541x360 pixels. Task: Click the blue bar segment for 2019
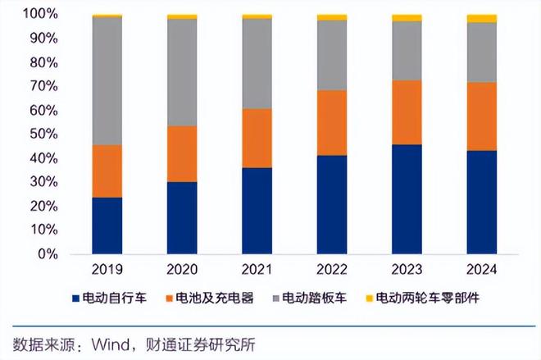tap(107, 226)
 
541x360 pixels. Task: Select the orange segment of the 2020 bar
tap(182, 153)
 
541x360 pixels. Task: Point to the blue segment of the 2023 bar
tap(407, 199)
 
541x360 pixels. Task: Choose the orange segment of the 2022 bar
tap(332, 122)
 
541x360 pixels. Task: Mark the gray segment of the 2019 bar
tap(107, 80)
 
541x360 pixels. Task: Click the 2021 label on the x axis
tap(257, 269)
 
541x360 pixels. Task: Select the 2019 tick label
tap(107, 269)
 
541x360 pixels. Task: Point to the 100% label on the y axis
tap(40, 14)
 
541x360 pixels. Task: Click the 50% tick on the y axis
tap(43, 134)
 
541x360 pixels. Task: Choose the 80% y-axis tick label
tap(43, 62)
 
